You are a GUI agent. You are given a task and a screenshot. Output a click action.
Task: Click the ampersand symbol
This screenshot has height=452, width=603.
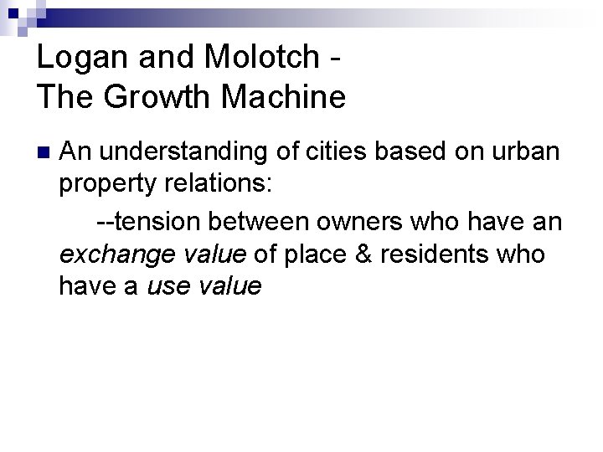click(363, 254)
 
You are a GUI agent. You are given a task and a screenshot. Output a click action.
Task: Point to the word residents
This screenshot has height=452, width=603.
click(435, 254)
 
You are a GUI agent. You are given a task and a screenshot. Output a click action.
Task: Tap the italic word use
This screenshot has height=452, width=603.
click(167, 287)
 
